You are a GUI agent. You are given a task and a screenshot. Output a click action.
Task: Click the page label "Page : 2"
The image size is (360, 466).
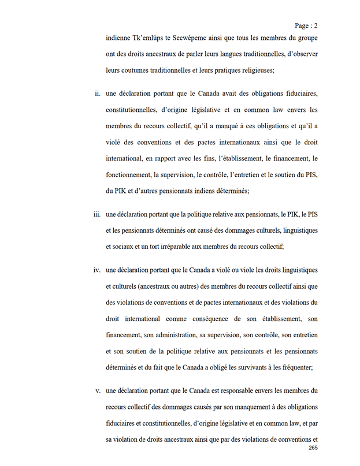[x=306, y=25]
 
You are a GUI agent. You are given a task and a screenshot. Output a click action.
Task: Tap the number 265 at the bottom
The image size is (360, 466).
[x=313, y=448]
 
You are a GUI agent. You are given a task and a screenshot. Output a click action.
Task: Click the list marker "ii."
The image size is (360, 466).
[x=97, y=94]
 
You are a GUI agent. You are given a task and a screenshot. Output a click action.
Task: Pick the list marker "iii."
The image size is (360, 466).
[x=97, y=215]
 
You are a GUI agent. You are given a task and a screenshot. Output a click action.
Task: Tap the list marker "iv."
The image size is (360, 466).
[x=97, y=270]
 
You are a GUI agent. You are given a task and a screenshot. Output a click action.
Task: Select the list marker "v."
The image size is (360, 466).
[x=98, y=391]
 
